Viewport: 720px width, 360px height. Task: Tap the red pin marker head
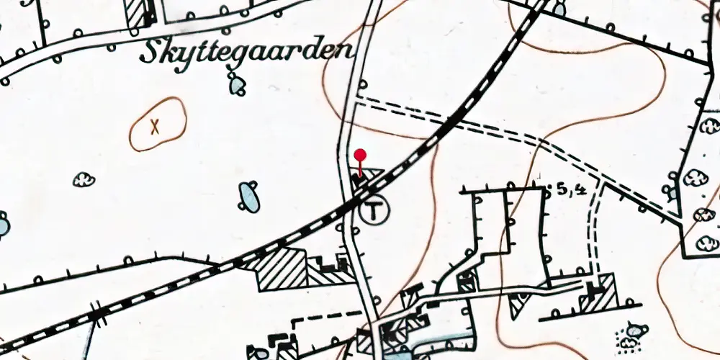point(361,154)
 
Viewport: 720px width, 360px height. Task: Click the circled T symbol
point(372,211)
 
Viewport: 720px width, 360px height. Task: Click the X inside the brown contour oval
point(154,127)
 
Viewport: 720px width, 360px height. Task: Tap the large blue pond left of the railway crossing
point(249,197)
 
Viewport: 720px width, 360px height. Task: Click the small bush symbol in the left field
point(84,179)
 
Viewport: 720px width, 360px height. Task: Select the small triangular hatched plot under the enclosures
point(517,306)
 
